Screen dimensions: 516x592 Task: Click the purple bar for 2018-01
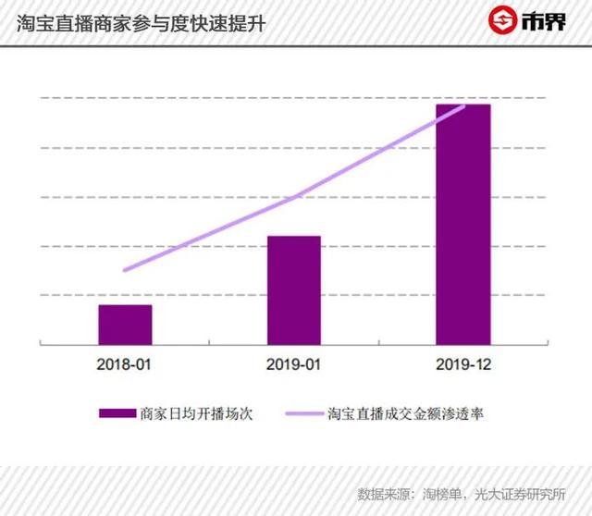tap(125, 324)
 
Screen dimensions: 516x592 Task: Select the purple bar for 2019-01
tap(294, 289)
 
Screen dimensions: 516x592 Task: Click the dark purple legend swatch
tap(115, 413)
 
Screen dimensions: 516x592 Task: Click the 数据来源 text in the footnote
tap(385, 493)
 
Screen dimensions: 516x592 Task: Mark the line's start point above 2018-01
tap(125, 270)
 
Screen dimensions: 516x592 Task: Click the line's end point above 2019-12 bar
tap(463, 106)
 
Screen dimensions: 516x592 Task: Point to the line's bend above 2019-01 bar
tap(294, 197)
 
